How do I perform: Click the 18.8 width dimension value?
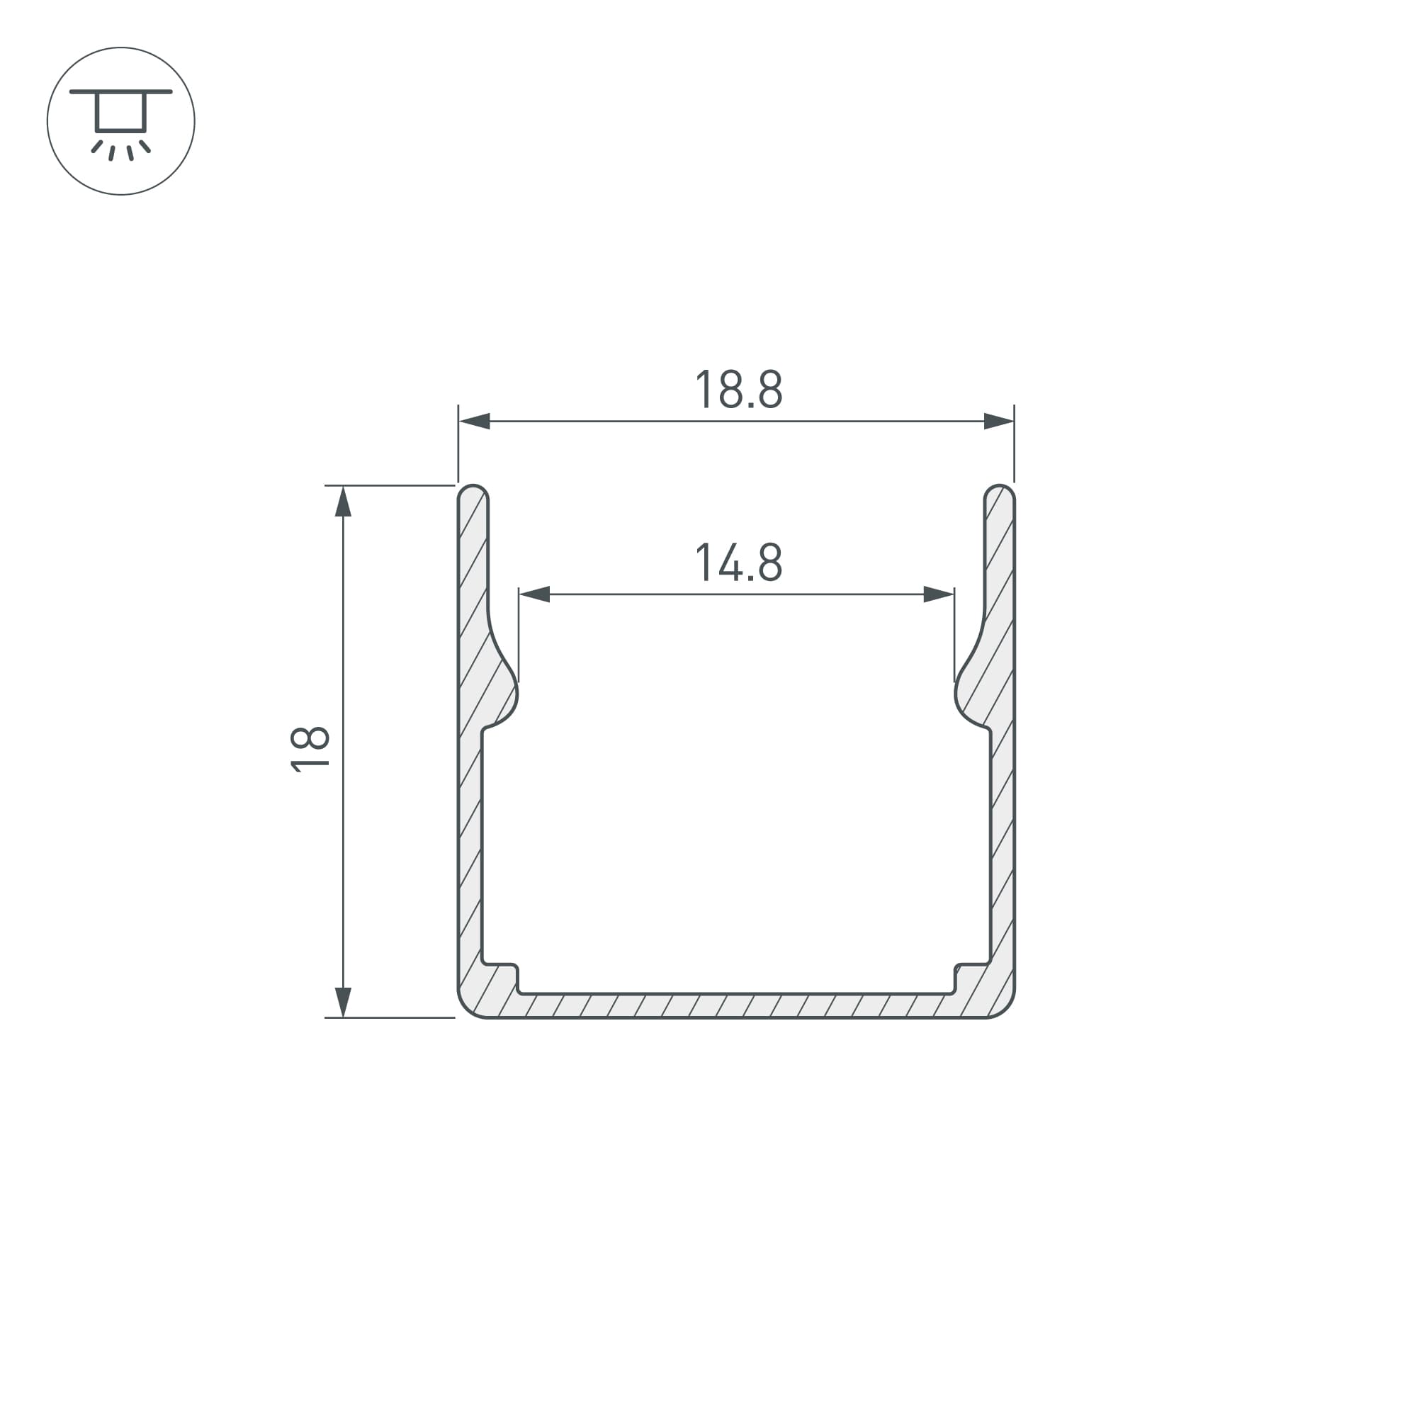tap(738, 389)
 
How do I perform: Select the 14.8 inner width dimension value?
tap(738, 562)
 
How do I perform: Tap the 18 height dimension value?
tap(310, 749)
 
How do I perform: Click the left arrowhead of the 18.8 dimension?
tap(474, 421)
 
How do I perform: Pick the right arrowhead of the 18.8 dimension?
tap(999, 421)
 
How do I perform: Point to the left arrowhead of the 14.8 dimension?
tap(535, 594)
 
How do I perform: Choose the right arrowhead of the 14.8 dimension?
tap(939, 594)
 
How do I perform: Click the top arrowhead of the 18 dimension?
tap(343, 502)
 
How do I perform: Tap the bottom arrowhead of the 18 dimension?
tap(343, 1002)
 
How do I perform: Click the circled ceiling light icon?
tap(121, 121)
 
